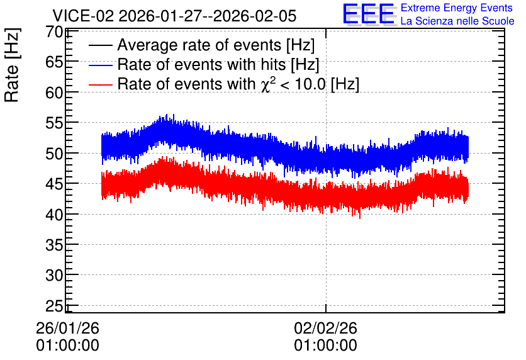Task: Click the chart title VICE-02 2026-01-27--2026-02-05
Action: [174, 16]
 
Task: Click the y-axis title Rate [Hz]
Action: [12, 65]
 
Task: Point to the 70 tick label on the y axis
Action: [54, 32]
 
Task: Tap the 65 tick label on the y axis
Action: [54, 62]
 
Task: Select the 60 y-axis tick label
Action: [54, 93]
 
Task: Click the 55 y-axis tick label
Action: [54, 123]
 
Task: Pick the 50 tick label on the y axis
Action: [54, 154]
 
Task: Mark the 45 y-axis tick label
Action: [54, 184]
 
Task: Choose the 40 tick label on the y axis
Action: [54, 215]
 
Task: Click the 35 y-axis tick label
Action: [54, 245]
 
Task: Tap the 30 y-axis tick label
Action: [54, 276]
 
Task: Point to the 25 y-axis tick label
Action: [54, 306]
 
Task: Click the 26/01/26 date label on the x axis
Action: [68, 328]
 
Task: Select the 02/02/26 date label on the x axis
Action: [326, 328]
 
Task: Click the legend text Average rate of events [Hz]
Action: [216, 45]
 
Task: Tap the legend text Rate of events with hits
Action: [201, 64]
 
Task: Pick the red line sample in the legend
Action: [101, 84]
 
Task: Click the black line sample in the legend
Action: [101, 45]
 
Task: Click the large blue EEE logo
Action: [369, 14]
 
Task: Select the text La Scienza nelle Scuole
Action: [457, 21]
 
